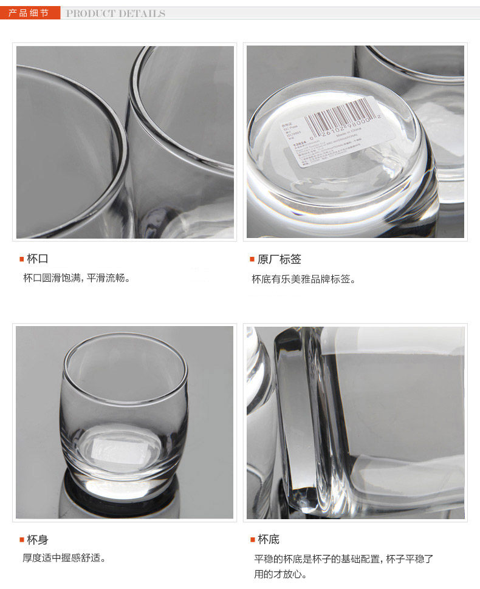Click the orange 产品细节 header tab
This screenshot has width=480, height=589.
tap(29, 13)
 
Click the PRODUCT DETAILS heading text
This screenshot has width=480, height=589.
tap(115, 13)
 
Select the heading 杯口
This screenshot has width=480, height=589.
tap(38, 259)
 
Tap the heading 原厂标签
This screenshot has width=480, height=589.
tap(279, 259)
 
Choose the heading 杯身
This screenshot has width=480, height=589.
tap(38, 539)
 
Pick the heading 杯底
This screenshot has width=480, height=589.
tap(269, 539)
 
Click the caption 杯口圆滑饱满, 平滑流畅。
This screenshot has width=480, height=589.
tap(77, 278)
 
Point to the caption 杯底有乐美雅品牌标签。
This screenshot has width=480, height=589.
tap(304, 279)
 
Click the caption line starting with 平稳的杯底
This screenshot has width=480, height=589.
tap(343, 559)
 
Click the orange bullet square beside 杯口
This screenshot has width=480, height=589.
tap(21, 259)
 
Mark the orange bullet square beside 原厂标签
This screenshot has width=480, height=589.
tap(252, 259)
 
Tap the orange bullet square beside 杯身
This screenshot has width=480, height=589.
tap(21, 539)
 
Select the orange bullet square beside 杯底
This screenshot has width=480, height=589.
tap(252, 539)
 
